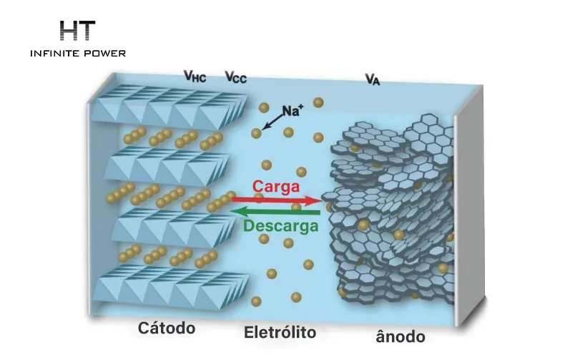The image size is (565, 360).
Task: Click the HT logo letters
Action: coord(77,30)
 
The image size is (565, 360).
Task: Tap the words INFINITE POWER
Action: coord(78,54)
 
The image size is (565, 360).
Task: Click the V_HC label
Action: coord(195,76)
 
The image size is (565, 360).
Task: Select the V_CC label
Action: coord(236,77)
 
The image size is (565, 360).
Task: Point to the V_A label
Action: coord(373,79)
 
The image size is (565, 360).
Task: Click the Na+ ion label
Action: coord(293,110)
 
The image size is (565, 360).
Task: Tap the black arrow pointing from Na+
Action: coord(272,122)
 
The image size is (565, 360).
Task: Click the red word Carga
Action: coord(276,187)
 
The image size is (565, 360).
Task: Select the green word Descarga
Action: coord(281,226)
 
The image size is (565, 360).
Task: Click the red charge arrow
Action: coord(277,200)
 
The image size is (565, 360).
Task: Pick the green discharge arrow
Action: coord(275,212)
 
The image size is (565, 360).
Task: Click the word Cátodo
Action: coord(167,329)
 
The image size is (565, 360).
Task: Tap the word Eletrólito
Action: coord(280,332)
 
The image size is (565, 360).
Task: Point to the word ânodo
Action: coord(401,337)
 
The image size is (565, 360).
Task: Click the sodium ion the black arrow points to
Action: coord(256,133)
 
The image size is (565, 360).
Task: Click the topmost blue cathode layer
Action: coord(169,107)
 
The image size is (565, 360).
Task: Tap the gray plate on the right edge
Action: coord(468,205)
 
